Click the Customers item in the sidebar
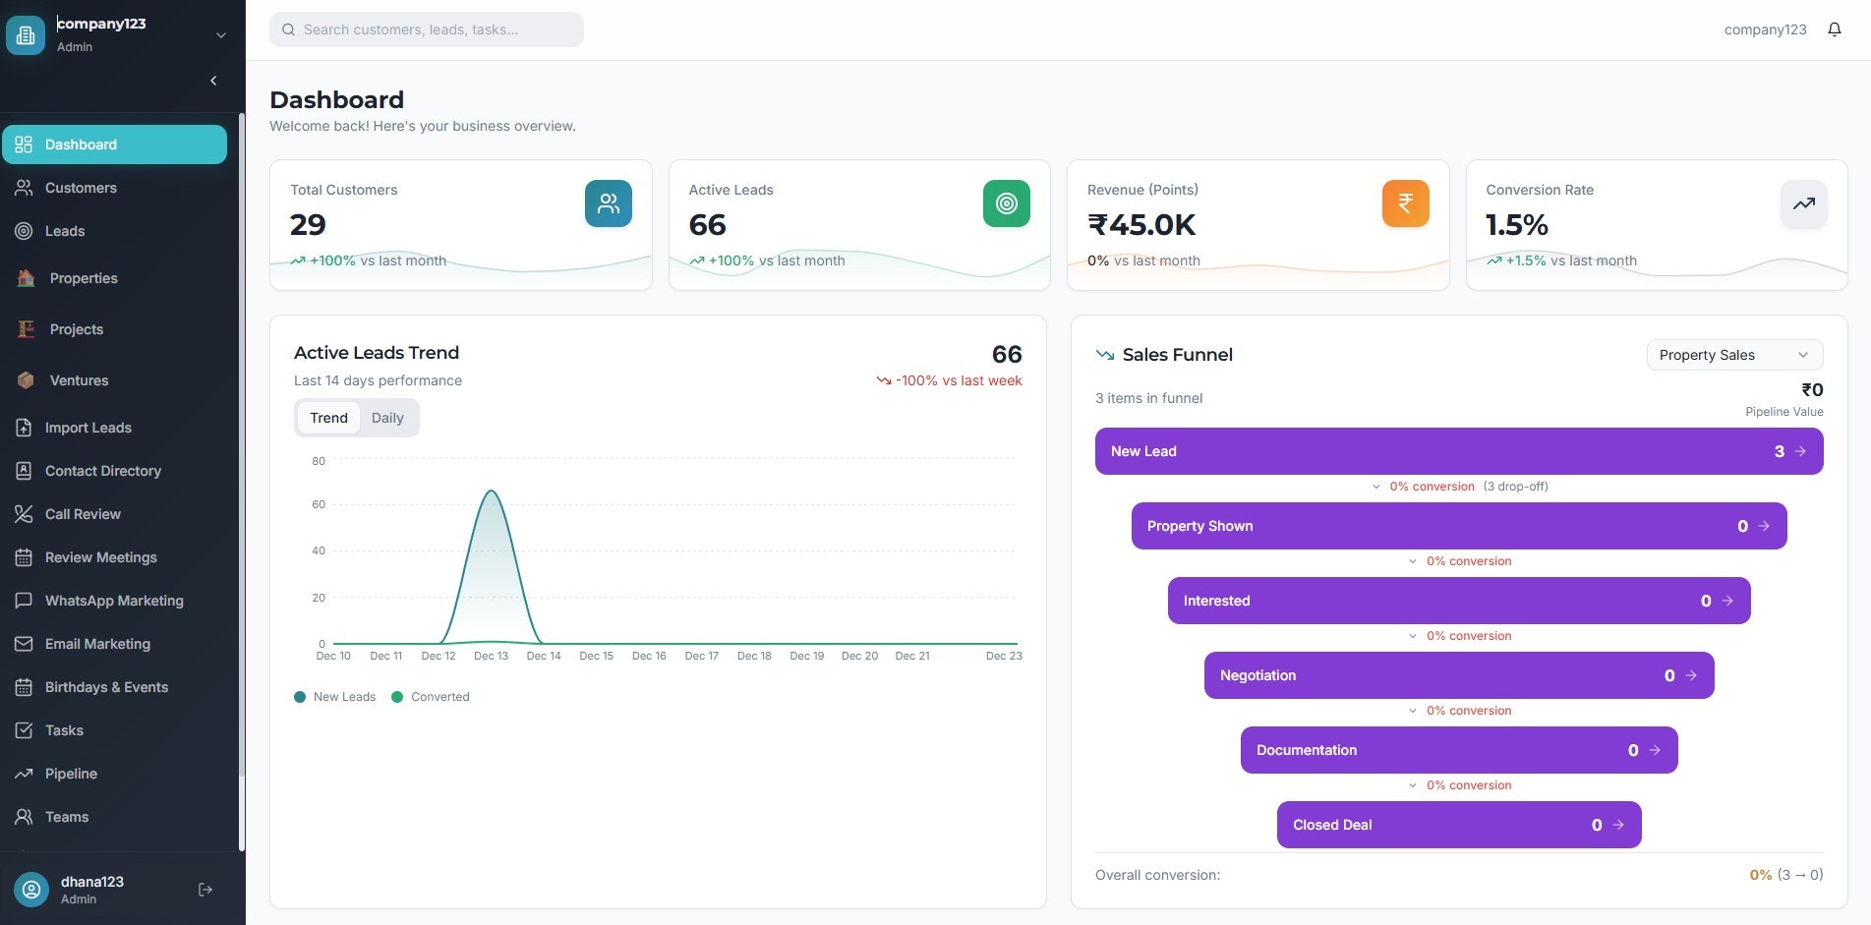(81, 188)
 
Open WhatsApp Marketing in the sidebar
(114, 601)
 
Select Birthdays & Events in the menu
(106, 687)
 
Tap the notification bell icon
(1834, 29)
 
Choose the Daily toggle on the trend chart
(387, 418)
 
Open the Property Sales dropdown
(1733, 355)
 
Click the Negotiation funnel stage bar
(1458, 675)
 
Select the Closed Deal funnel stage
(1458, 825)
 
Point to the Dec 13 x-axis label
(491, 656)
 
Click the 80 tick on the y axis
(319, 461)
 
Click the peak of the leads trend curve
(491, 491)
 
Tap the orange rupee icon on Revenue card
(1405, 203)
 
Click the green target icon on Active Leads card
(1006, 203)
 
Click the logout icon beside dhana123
(205, 890)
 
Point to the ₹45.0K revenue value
(1141, 225)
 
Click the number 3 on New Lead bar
(1779, 451)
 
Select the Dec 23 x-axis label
(1003, 656)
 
